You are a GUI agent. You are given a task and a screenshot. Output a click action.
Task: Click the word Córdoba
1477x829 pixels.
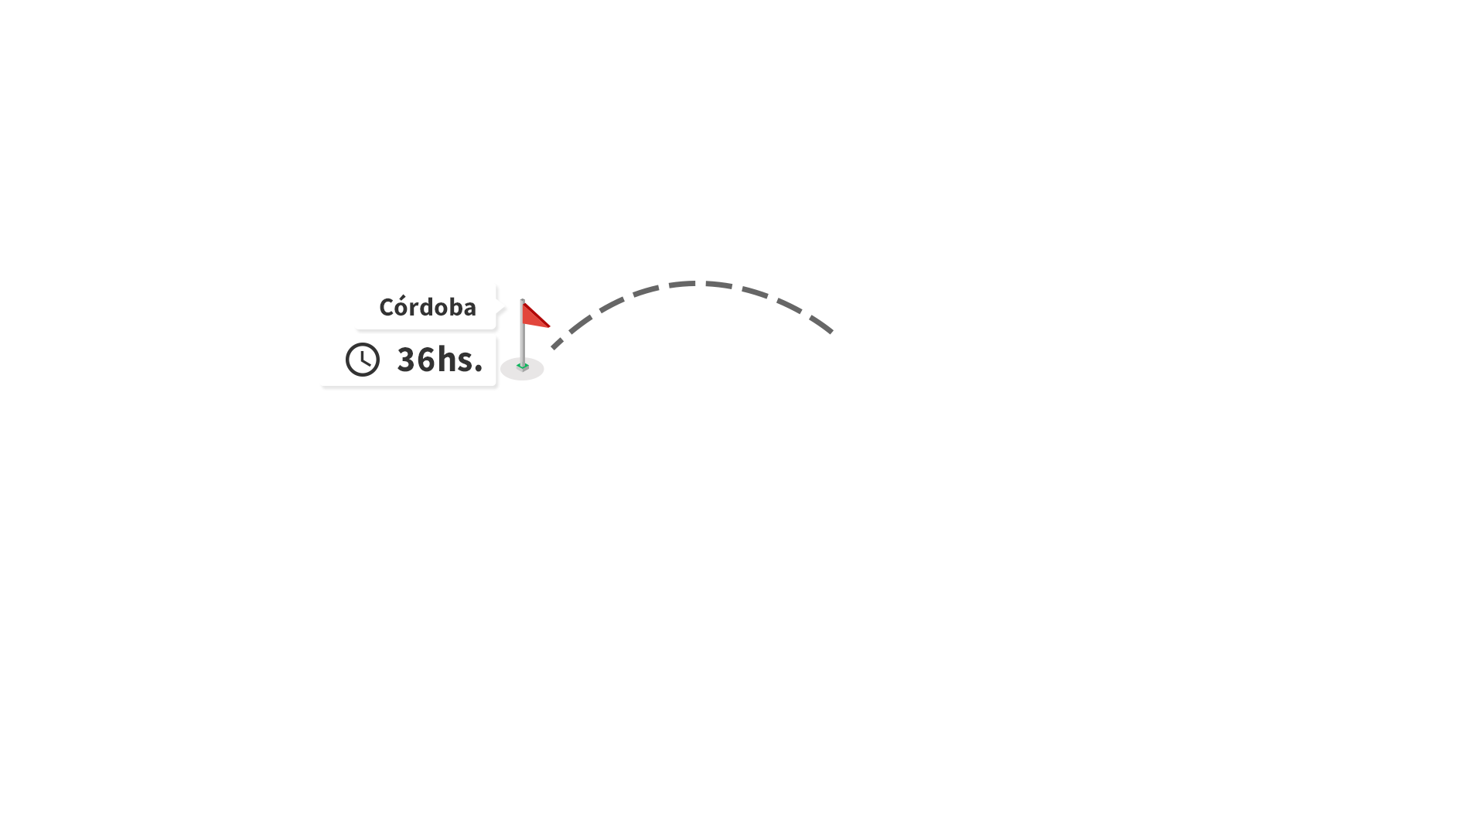(x=427, y=306)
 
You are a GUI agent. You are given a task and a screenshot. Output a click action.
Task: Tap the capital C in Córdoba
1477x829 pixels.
(x=386, y=308)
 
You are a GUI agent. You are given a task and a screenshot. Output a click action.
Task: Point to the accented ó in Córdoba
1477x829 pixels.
(x=402, y=307)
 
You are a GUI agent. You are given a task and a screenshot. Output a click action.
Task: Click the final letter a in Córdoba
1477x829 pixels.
(x=469, y=310)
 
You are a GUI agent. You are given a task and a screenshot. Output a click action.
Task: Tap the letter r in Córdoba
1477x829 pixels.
(x=415, y=310)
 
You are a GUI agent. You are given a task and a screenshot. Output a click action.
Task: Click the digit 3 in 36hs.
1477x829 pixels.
(x=406, y=360)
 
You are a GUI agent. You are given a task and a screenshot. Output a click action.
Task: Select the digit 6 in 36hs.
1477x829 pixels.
(x=426, y=360)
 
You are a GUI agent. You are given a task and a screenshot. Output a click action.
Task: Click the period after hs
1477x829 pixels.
(x=478, y=369)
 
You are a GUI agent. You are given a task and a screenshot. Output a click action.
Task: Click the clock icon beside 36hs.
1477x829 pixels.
(x=363, y=360)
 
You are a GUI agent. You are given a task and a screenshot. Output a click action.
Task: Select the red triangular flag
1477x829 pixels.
(x=534, y=316)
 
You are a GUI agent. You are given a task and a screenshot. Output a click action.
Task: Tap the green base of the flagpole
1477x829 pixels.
(x=523, y=367)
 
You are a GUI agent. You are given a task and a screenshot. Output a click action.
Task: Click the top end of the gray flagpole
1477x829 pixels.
(x=523, y=300)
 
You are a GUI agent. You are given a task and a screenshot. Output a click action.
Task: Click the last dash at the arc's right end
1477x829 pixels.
(x=821, y=325)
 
